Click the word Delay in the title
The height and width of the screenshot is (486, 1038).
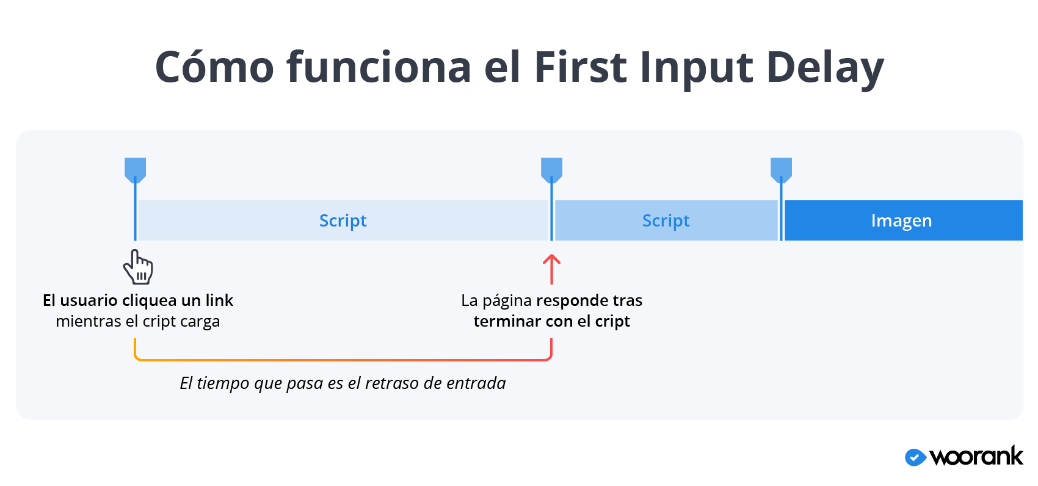[x=825, y=68]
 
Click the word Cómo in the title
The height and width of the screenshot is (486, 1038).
[x=214, y=67]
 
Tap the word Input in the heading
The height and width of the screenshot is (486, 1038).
[x=696, y=68]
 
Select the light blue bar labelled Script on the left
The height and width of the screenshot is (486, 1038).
[x=343, y=220]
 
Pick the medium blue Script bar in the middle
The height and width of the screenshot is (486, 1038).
[x=666, y=220]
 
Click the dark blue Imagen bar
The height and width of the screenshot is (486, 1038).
[x=904, y=220]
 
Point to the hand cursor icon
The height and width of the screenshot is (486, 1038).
[x=138, y=267]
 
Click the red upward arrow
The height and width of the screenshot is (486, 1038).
[x=551, y=269]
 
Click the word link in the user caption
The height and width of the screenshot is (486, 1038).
[x=219, y=300]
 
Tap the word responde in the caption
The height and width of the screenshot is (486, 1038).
[x=572, y=301]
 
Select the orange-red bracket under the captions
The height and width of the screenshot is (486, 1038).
[x=343, y=360]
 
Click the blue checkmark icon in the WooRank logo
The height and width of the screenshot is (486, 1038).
[x=916, y=458]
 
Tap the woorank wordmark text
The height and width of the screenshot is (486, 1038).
[x=976, y=457]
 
